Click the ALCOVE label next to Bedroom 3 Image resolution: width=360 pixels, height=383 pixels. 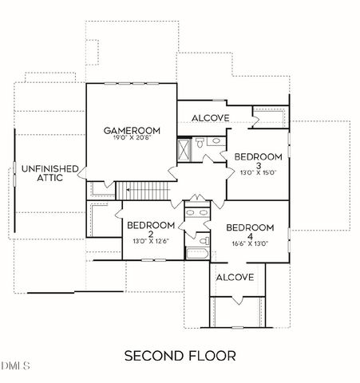[x=211, y=118]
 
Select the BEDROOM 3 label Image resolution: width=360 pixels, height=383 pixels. [x=259, y=161]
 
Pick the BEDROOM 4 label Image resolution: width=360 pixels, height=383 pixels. [x=249, y=232]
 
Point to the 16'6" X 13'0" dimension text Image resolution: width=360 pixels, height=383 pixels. [x=249, y=245]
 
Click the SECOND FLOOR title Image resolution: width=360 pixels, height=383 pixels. [x=180, y=353]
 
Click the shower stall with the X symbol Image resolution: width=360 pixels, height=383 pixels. [x=184, y=148]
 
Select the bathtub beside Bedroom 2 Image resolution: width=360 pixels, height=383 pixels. [x=196, y=255]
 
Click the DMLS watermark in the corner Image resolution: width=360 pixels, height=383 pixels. [x=14, y=366]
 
